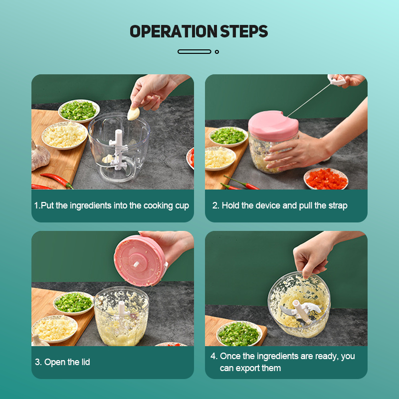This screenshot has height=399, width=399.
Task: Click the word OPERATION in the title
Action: point(173,31)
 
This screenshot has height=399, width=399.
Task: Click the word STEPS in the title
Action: point(244,31)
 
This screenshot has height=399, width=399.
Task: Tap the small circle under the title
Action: point(217,52)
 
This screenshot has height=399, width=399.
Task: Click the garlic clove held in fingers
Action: point(134,113)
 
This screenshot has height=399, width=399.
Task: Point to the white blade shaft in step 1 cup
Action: point(118,149)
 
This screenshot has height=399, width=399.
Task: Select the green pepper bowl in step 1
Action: point(79,111)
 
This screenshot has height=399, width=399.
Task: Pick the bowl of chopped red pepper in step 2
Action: point(326,179)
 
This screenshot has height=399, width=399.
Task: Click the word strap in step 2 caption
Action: point(338,205)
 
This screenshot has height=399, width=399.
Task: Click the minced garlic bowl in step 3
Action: point(55,328)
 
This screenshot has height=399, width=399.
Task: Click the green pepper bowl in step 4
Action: point(239,333)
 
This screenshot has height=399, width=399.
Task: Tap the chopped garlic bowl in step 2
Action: point(220,158)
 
